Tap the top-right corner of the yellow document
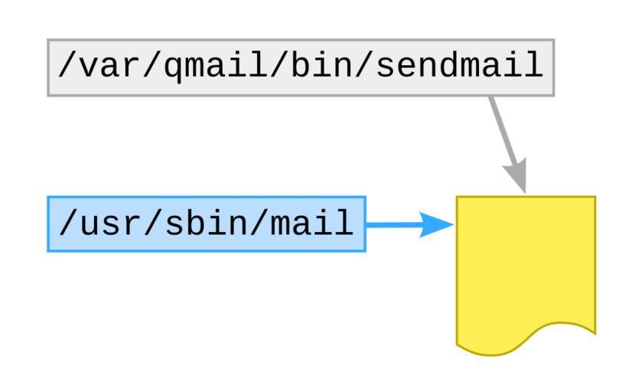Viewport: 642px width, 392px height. (x=595, y=198)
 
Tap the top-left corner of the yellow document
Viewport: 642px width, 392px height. (x=458, y=198)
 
